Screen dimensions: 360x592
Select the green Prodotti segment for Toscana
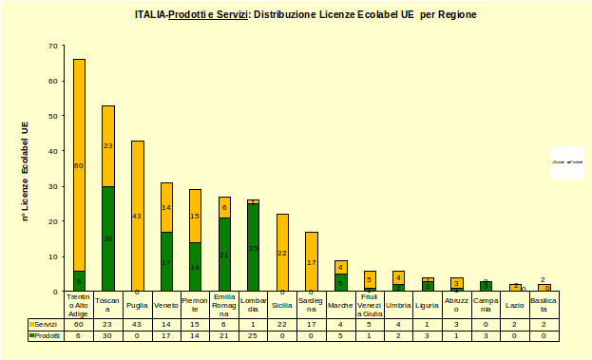108,238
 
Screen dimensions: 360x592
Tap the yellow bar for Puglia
138,216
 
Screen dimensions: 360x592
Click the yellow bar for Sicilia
282,253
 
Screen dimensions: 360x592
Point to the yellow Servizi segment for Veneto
166,207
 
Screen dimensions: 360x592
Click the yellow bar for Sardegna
312,261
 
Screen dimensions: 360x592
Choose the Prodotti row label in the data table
46,335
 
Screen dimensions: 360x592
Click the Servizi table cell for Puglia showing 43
138,325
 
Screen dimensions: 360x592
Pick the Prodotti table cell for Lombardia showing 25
253,335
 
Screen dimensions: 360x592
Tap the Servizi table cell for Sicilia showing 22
282,325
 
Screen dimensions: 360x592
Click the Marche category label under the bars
340,305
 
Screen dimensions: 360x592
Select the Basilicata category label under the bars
544,305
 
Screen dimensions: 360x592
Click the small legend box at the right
566,162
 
